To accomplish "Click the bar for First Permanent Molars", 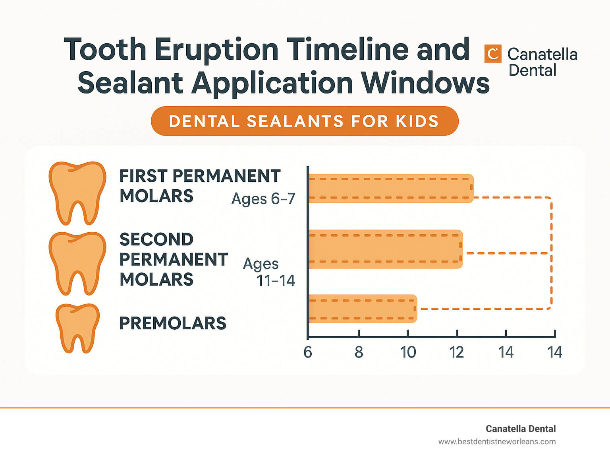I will point(391,188).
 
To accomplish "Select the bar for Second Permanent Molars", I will point(385,249).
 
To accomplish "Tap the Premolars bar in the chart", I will point(363,309).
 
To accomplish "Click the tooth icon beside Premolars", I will point(77,328).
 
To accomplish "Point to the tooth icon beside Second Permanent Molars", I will point(77,263).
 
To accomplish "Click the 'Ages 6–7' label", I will point(263,198).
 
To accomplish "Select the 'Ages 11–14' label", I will point(269,272).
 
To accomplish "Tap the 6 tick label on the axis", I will point(308,352).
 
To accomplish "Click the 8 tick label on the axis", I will point(359,352).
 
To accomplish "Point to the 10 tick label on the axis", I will point(408,352).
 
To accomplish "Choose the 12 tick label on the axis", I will point(457,352).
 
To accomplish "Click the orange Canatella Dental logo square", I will point(493,54).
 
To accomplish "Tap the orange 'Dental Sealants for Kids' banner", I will point(305,121).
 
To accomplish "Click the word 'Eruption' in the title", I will point(216,49).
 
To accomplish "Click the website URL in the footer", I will point(497,441).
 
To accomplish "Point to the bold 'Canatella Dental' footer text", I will point(521,429).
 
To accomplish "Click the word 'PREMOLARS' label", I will point(173,323).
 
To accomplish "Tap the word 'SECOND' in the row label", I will point(156,239).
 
